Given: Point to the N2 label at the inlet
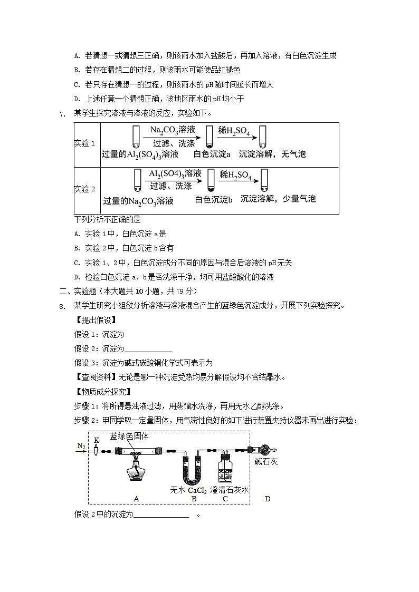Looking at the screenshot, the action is click(81, 445).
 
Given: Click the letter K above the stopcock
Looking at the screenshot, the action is click(97, 440).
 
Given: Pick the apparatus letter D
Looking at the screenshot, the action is click(267, 499).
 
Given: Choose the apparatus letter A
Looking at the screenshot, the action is click(136, 499).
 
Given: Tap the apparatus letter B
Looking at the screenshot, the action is click(194, 499).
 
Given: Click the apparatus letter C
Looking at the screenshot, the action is click(225, 499).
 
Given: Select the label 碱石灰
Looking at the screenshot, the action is click(266, 462).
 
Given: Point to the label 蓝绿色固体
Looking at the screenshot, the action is click(129, 436).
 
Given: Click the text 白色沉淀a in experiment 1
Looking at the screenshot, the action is click(212, 154).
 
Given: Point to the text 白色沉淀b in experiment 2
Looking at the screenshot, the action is click(214, 199).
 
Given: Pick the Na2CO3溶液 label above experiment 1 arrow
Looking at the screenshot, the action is click(173, 130).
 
